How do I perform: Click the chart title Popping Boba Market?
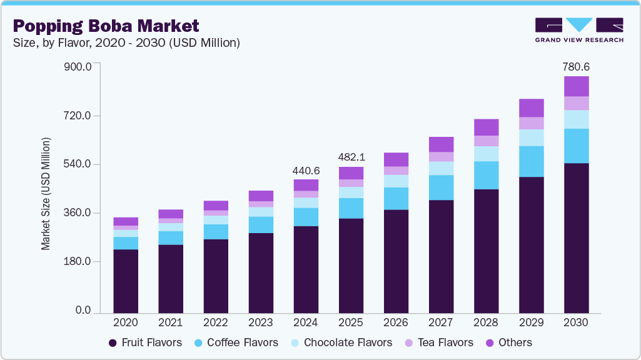pos(106,26)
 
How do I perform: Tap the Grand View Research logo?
pos(578,29)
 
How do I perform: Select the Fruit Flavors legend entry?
pos(145,342)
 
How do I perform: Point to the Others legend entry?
pos(508,342)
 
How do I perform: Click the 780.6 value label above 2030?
pos(576,66)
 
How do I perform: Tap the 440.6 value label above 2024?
pos(306,170)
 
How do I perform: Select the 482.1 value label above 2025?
pos(351,157)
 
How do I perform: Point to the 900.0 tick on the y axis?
pos(79,67)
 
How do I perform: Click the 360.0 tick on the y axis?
pos(79,213)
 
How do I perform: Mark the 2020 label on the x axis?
pos(126,323)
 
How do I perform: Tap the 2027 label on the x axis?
pos(441,323)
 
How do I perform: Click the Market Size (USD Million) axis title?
pos(46,193)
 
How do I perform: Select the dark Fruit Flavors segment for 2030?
pos(576,237)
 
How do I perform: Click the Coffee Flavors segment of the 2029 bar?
pos(531,161)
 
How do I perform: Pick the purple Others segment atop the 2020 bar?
pos(126,221)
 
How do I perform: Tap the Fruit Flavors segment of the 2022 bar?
pos(216,276)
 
